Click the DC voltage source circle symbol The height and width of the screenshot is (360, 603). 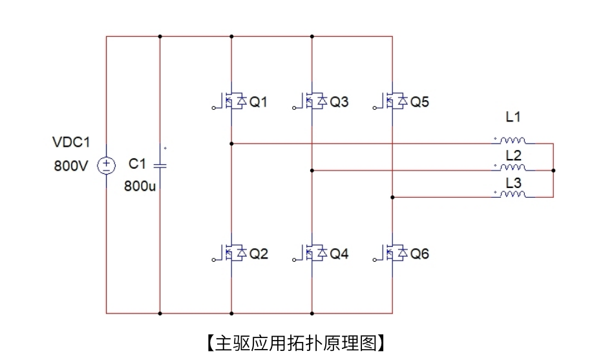(x=105, y=165)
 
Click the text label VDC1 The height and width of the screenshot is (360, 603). (x=70, y=142)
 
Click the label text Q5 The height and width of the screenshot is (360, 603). (x=419, y=102)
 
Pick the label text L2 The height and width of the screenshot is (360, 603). (x=513, y=155)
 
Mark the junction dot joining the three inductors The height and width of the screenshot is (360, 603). (x=554, y=170)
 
